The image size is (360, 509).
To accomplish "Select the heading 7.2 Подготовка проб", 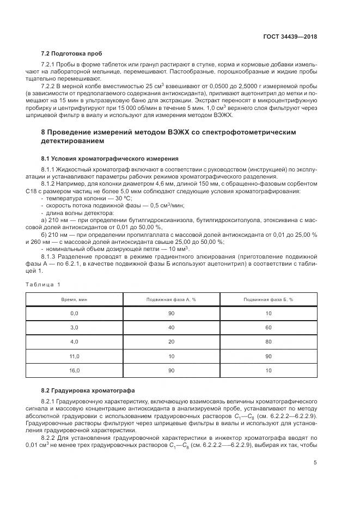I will pos(71,53).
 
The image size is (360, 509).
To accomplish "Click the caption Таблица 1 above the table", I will pos(44,284).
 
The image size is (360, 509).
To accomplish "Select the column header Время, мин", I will pos(75,299).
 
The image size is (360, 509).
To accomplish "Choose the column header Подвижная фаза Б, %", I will pos(269,299).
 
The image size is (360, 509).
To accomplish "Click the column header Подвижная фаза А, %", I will pos(171,299).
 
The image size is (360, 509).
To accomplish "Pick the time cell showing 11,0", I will pos(75,355).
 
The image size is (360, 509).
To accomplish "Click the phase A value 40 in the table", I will pos(171,327).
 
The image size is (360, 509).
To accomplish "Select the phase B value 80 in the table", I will pos(269,341).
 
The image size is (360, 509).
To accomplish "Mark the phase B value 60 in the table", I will pos(269,327).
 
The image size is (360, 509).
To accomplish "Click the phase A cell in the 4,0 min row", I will pos(171,341).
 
